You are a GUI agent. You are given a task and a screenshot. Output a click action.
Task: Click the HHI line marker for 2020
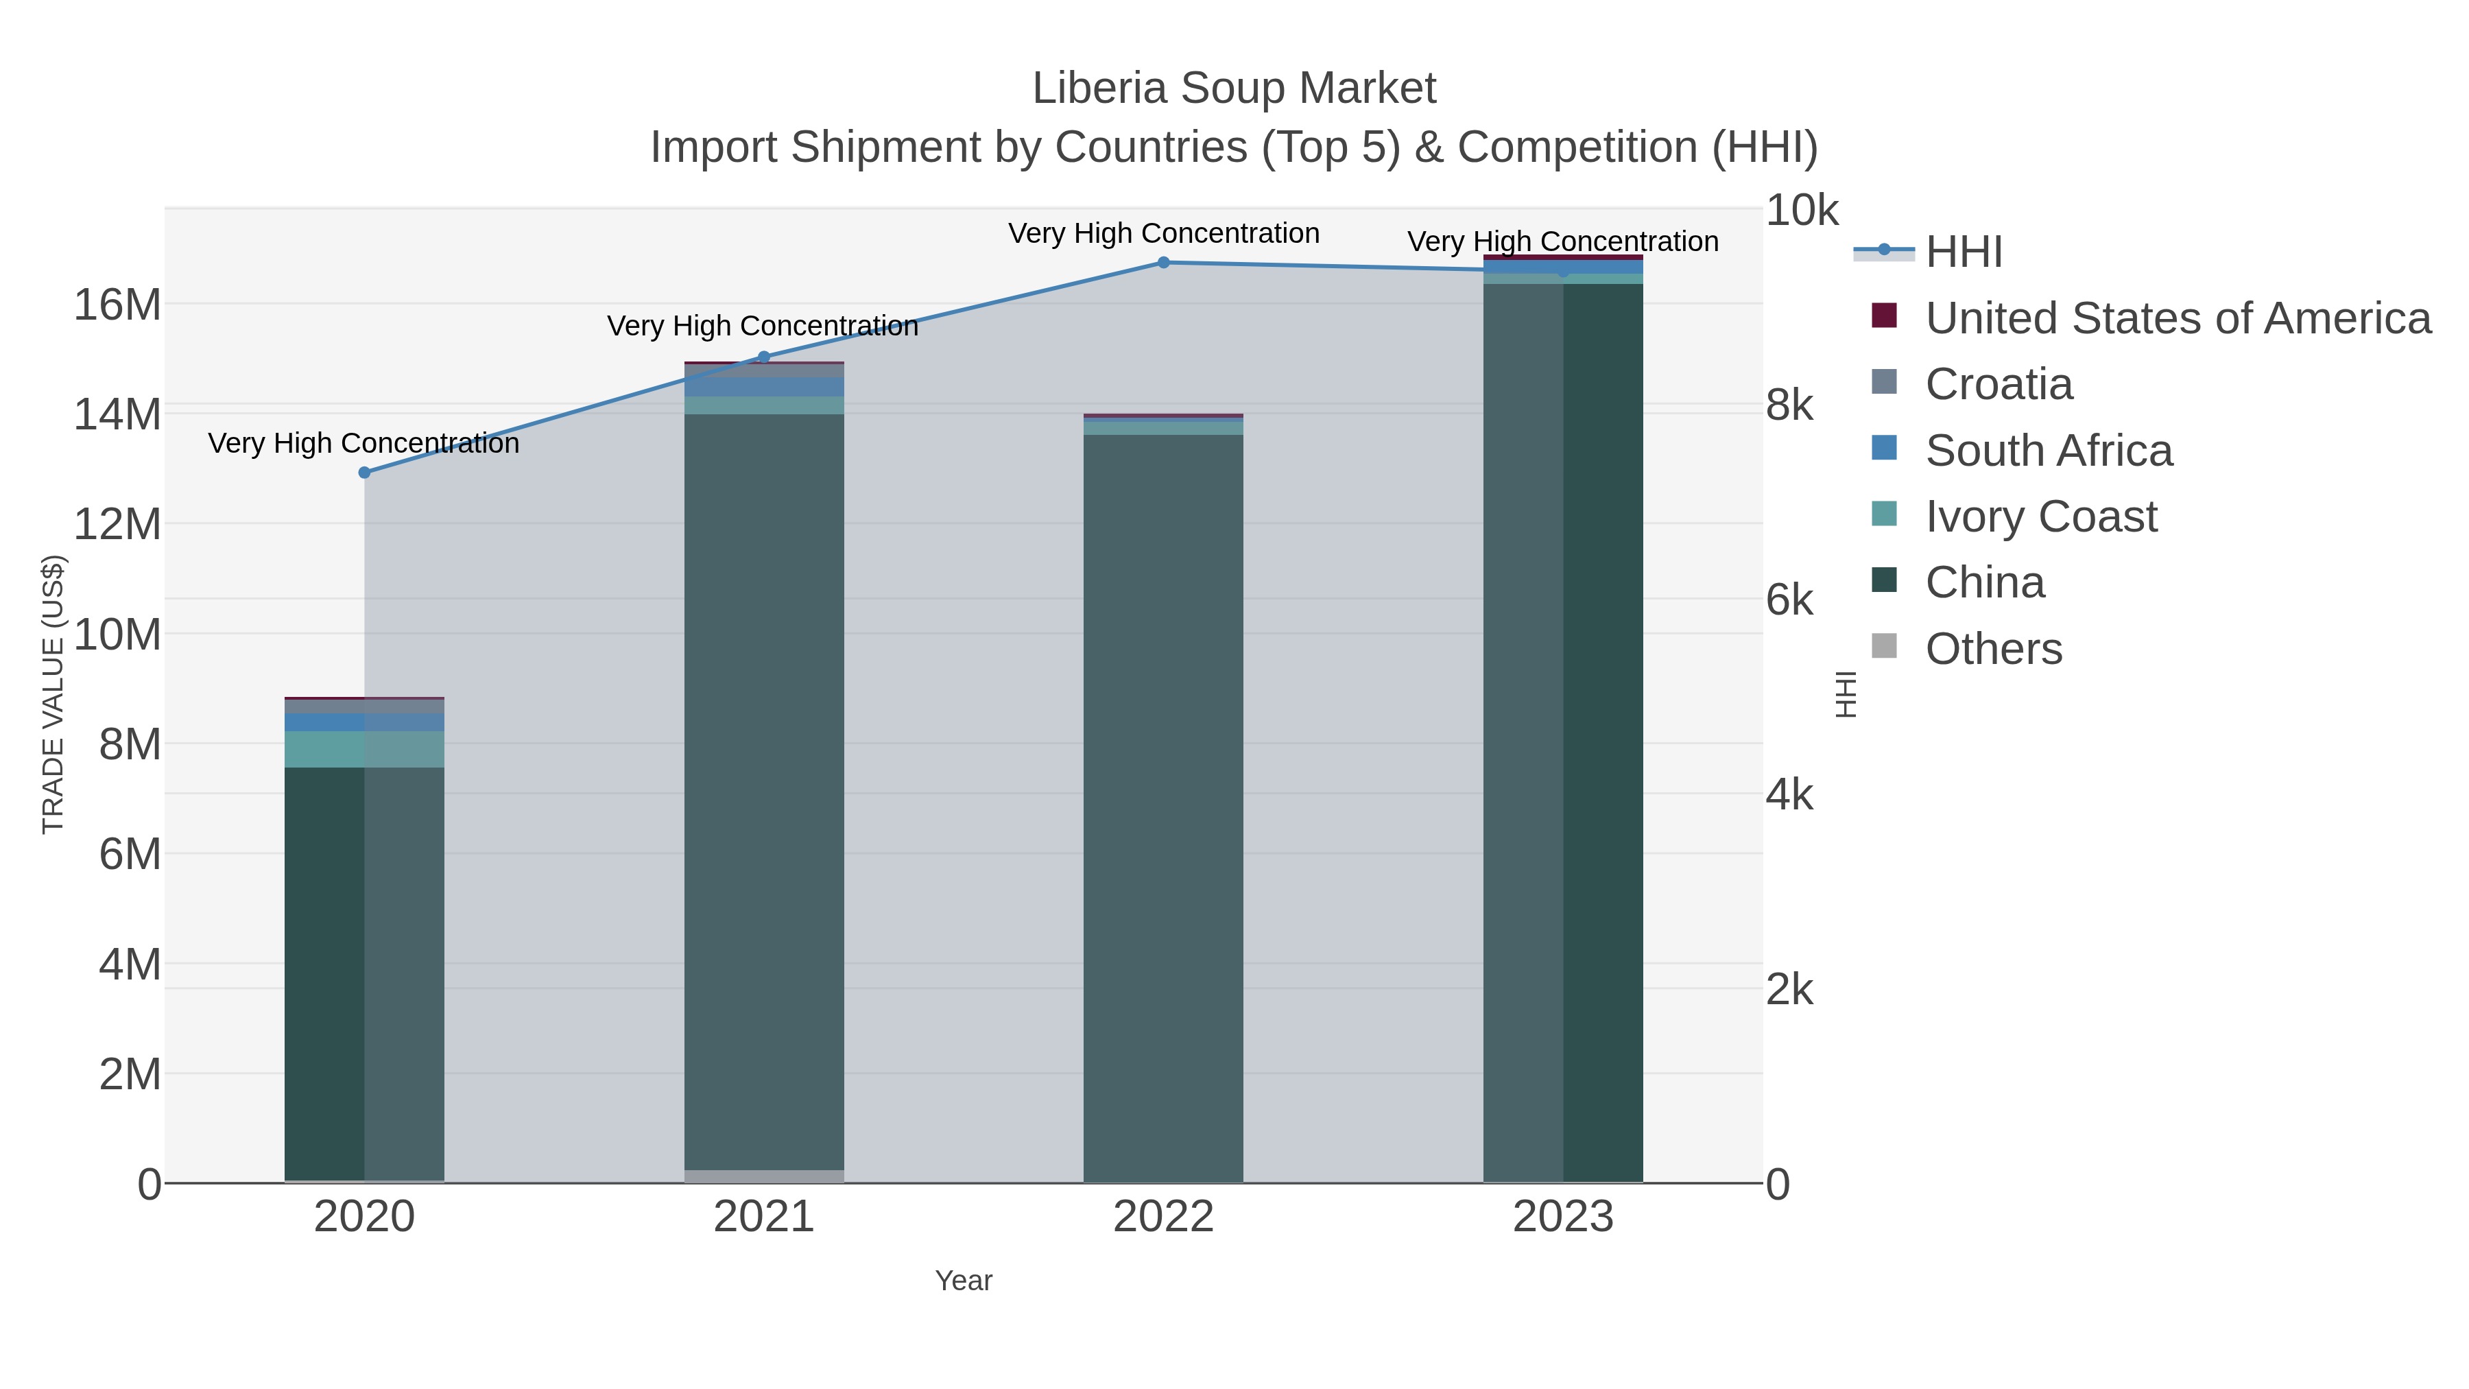(364, 473)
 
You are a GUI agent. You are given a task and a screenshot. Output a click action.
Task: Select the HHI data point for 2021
(764, 357)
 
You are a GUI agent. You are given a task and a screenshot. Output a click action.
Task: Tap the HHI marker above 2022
(1164, 262)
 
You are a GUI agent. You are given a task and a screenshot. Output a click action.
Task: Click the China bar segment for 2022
(1164, 805)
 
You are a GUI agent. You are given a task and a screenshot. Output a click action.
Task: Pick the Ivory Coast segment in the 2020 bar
(364, 750)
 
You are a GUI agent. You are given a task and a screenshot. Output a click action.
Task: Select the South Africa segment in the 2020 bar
(364, 722)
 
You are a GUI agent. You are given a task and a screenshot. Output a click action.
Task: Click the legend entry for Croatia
(1999, 384)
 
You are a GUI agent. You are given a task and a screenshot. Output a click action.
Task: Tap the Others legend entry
(1994, 649)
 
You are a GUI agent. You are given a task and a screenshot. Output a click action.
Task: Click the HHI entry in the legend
(1963, 252)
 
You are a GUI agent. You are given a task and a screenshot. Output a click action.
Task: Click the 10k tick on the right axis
(1802, 210)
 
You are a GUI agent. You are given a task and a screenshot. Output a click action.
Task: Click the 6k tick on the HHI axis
(1789, 600)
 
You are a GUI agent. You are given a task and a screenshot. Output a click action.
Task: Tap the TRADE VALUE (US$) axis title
(53, 694)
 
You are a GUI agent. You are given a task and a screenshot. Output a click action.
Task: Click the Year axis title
(964, 1281)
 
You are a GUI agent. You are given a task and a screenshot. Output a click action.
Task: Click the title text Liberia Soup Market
(1234, 88)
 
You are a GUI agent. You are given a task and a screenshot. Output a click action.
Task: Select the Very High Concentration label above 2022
(1164, 233)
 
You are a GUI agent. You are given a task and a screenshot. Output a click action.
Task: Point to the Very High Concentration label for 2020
(364, 443)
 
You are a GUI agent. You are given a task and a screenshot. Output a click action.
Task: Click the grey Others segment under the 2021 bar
(764, 1176)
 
